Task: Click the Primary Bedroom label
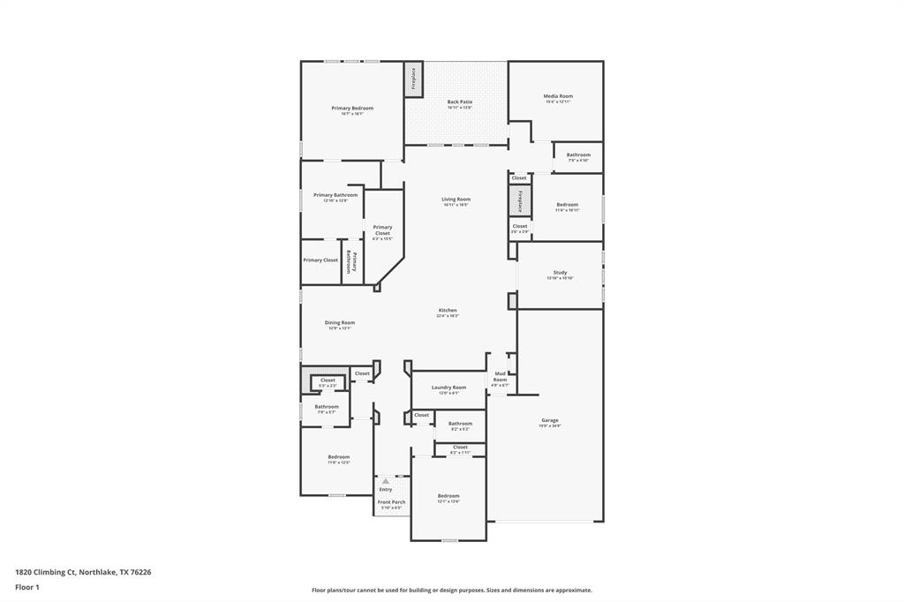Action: tap(352, 109)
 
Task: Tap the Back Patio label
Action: tap(459, 102)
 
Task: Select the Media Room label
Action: tap(558, 96)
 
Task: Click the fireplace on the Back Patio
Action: tap(413, 79)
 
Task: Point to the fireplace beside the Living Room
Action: tap(520, 201)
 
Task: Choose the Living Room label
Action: tap(456, 199)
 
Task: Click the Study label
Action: tap(560, 273)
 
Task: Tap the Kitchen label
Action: tap(448, 311)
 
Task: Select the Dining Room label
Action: tap(340, 323)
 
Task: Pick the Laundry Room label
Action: tap(448, 388)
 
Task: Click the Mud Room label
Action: tap(500, 377)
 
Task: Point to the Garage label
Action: tap(550, 420)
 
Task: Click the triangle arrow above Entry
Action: tap(385, 481)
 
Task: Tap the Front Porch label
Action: tap(391, 502)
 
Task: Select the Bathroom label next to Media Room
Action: tap(578, 155)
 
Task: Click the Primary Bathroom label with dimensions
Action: tap(335, 195)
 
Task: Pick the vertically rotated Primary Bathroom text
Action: tap(350, 262)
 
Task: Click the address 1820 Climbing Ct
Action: tap(83, 572)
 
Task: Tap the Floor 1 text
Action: tap(28, 587)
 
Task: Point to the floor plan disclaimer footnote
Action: tap(451, 591)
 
